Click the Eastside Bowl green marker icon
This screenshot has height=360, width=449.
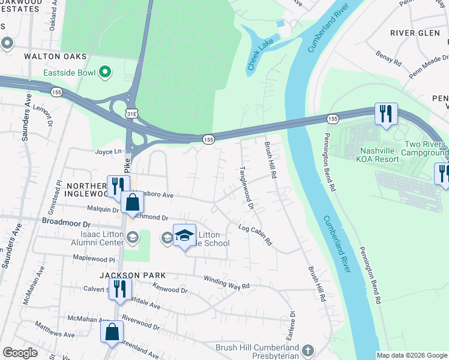pyautogui.click(x=106, y=73)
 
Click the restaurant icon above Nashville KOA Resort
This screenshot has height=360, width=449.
pyautogui.click(x=385, y=113)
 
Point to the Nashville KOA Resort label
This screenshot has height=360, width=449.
pyautogui.click(x=388, y=155)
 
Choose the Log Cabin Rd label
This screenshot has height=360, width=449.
pyautogui.click(x=255, y=236)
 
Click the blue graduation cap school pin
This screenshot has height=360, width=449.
pyautogui.click(x=184, y=235)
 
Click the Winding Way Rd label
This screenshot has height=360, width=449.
pyautogui.click(x=226, y=283)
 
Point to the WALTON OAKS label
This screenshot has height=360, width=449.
pyautogui.click(x=55, y=56)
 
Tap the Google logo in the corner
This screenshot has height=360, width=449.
pyautogui.click(x=20, y=353)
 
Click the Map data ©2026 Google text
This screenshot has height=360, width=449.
pyautogui.click(x=411, y=355)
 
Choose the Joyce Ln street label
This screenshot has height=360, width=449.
pyautogui.click(x=108, y=152)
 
